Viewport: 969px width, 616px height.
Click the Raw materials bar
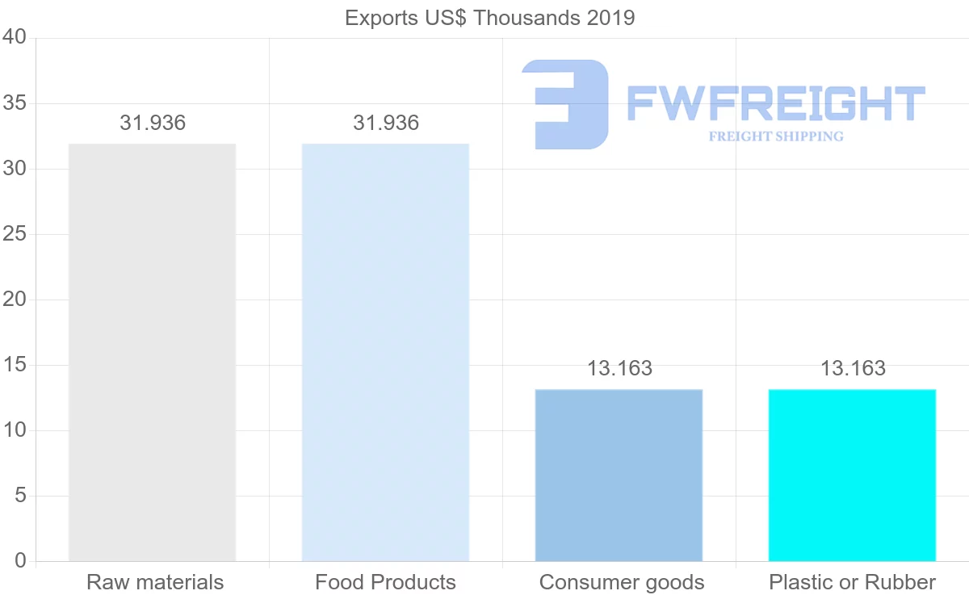tap(152, 352)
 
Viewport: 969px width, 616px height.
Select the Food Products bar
tap(385, 352)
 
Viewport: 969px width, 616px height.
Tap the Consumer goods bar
tap(619, 475)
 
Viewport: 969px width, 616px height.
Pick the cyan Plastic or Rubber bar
tap(852, 475)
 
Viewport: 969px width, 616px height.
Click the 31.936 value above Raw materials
tap(153, 124)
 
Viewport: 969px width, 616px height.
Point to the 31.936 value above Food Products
tap(386, 124)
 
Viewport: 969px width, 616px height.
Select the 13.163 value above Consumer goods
tap(619, 369)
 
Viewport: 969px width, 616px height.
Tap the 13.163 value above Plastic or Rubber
tap(853, 369)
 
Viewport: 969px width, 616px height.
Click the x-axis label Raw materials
tap(155, 582)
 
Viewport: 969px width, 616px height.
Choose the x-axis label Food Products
tap(385, 582)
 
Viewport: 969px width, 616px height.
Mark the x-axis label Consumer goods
tap(622, 582)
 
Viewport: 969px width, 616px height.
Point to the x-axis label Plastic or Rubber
tap(852, 582)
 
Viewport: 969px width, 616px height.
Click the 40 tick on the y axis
tap(15, 38)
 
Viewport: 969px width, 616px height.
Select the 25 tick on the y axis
tap(15, 234)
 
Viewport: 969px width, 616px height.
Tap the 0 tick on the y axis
tap(21, 560)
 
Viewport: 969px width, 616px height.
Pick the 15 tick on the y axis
tap(15, 365)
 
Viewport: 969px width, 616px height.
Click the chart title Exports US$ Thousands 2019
tap(490, 18)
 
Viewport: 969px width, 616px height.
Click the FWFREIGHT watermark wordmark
tap(775, 103)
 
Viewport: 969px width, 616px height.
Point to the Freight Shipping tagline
tap(775, 136)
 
